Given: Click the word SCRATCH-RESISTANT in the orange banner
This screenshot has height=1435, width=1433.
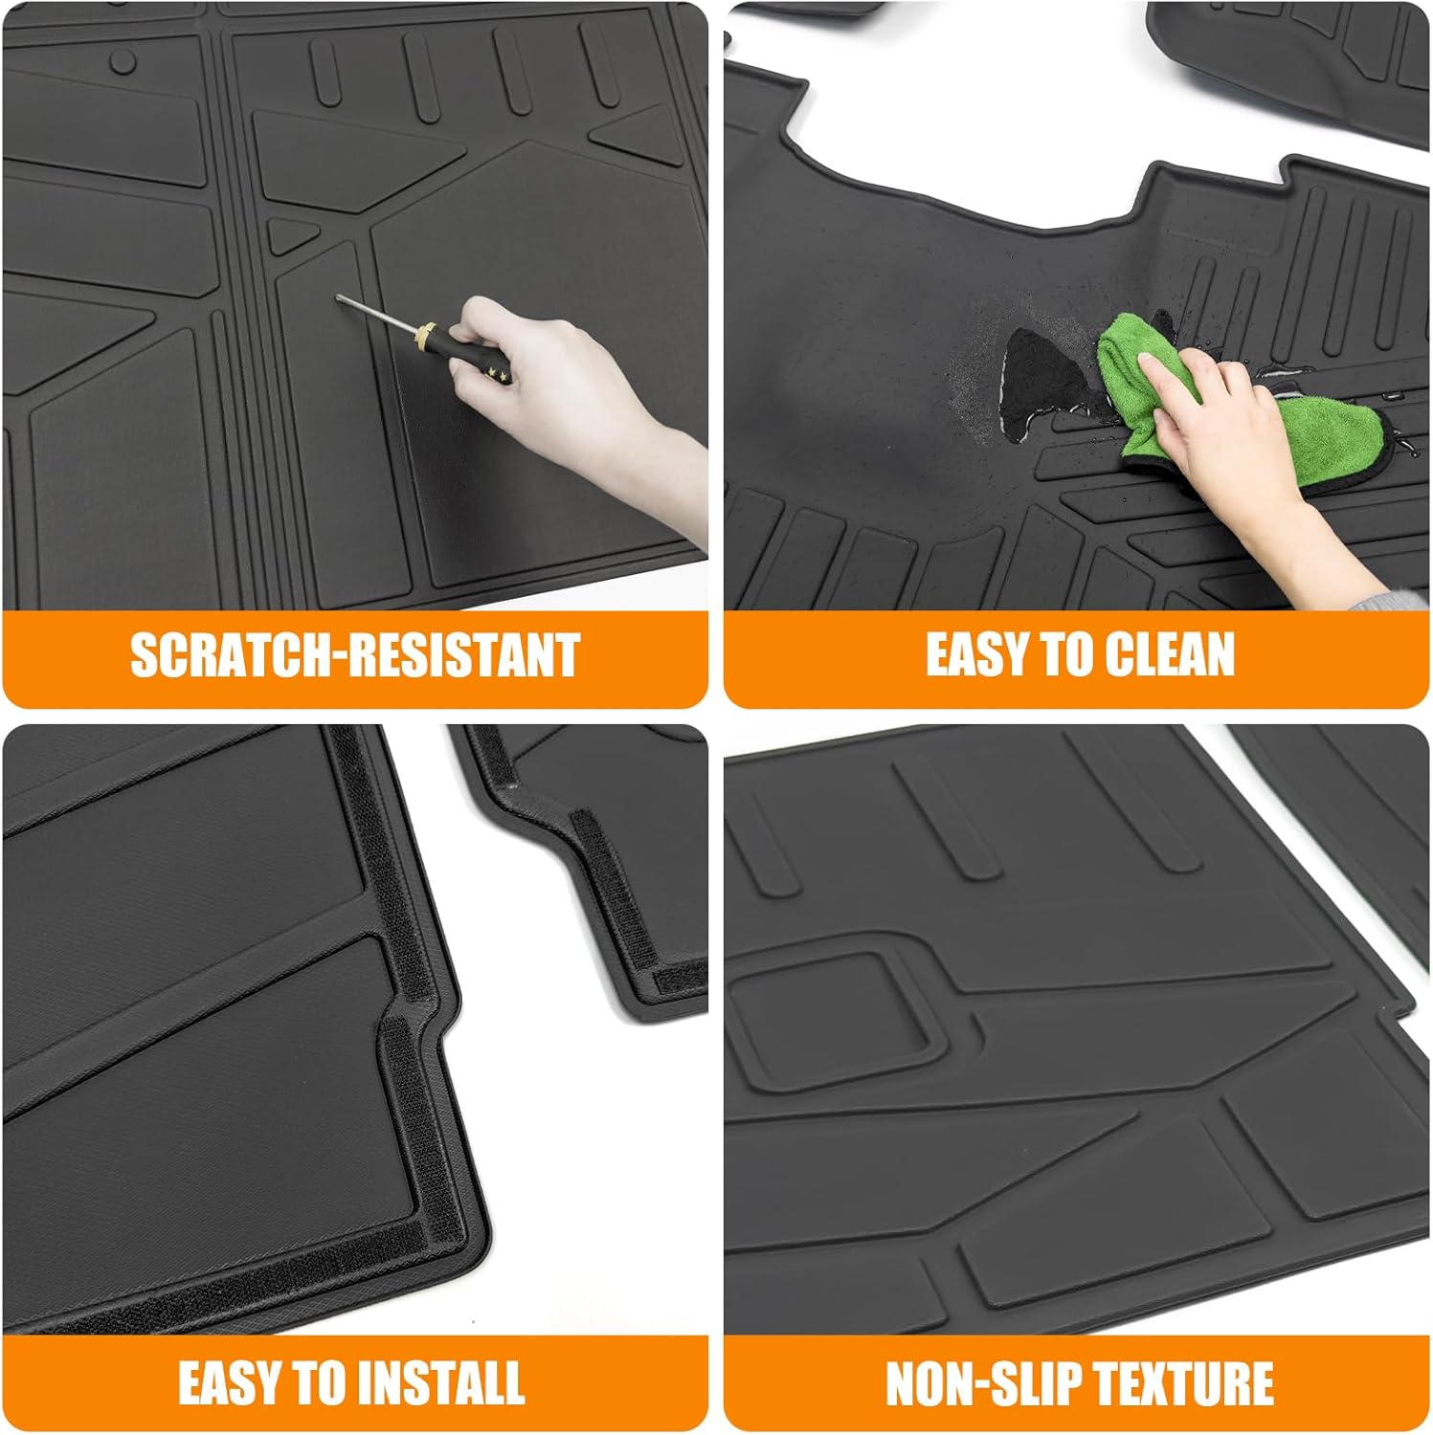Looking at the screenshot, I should click(354, 656).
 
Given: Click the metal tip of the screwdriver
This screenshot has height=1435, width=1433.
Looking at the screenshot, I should click(342, 299).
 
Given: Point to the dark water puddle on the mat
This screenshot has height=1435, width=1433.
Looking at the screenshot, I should click(1034, 373).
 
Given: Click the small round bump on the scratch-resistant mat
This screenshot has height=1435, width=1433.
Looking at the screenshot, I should click(123, 61).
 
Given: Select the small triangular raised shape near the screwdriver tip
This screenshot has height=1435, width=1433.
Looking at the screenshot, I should click(287, 234).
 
